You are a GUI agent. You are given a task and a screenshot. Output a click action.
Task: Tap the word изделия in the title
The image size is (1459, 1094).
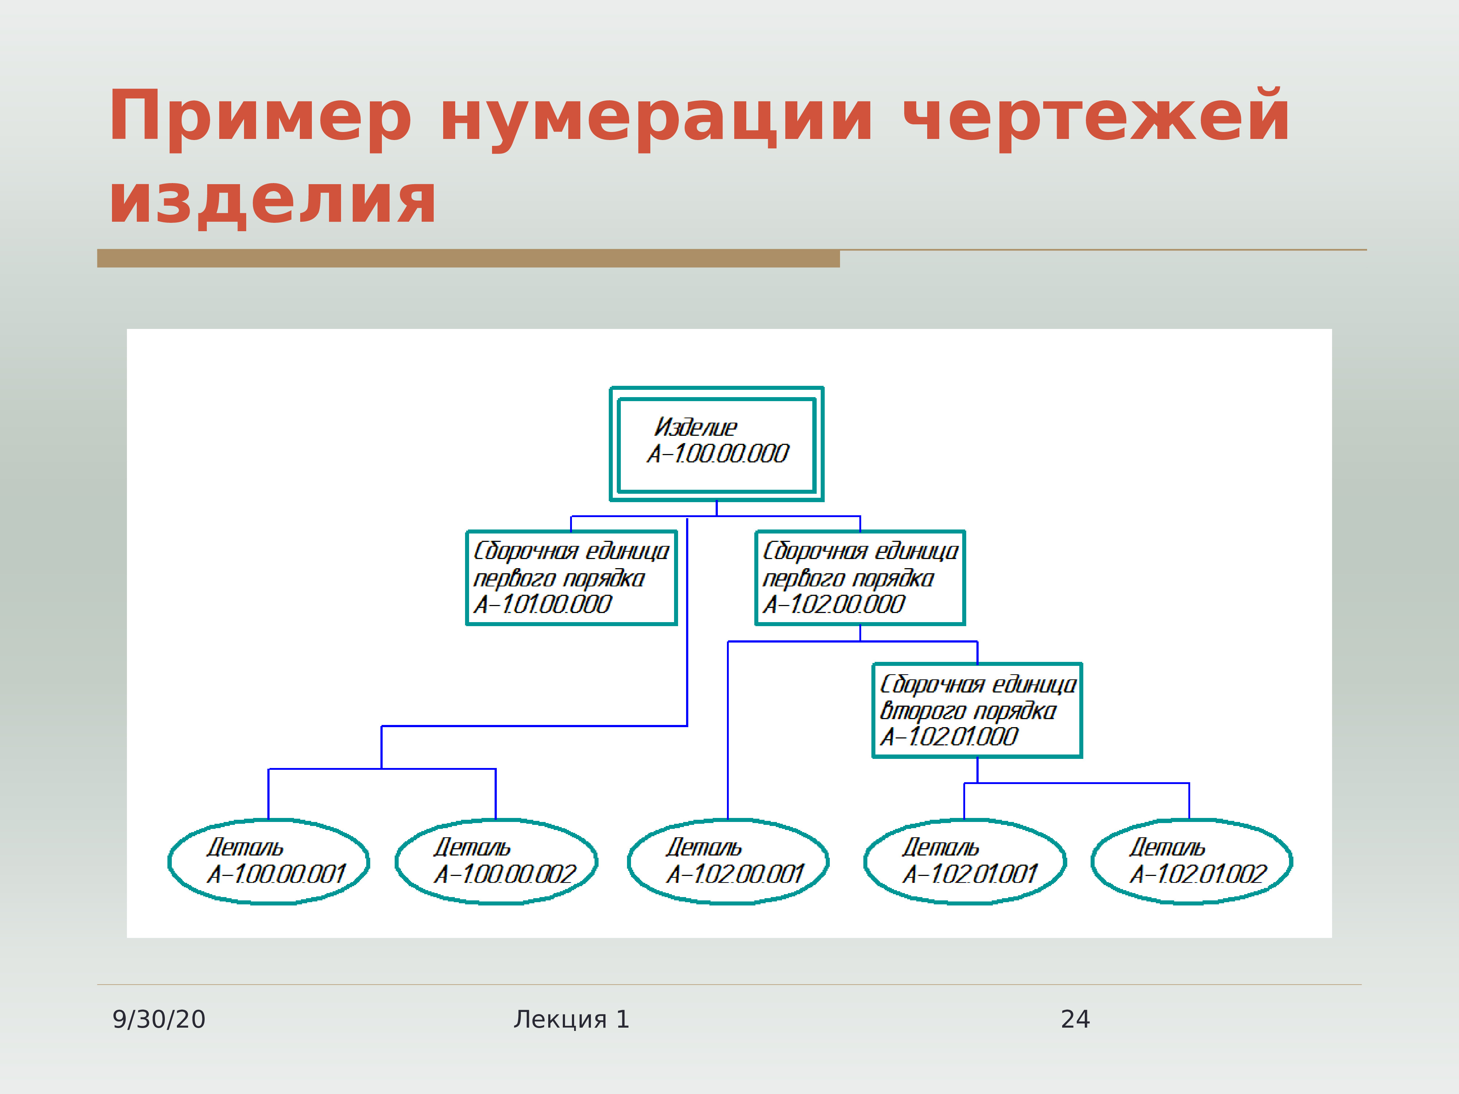(272, 199)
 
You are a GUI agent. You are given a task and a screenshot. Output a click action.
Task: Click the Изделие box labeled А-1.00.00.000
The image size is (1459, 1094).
(716, 444)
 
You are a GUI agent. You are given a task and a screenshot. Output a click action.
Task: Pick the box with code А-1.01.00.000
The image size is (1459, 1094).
(571, 578)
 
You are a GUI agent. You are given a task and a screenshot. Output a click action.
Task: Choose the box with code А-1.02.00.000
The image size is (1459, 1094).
(860, 578)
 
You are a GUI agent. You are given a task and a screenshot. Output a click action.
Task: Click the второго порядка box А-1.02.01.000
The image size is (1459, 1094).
(977, 710)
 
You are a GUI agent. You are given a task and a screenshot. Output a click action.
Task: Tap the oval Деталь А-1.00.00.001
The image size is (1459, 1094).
(268, 861)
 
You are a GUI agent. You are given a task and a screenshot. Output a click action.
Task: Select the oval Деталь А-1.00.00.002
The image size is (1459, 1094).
(496, 861)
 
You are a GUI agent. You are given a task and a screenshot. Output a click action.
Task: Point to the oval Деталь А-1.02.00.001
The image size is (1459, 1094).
(728, 861)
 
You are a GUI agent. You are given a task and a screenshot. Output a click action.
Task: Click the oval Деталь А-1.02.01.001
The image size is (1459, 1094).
(964, 861)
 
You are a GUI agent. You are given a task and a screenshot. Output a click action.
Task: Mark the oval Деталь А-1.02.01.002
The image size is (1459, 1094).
(1191, 861)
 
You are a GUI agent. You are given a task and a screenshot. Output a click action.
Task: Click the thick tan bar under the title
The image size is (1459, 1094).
(468, 259)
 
